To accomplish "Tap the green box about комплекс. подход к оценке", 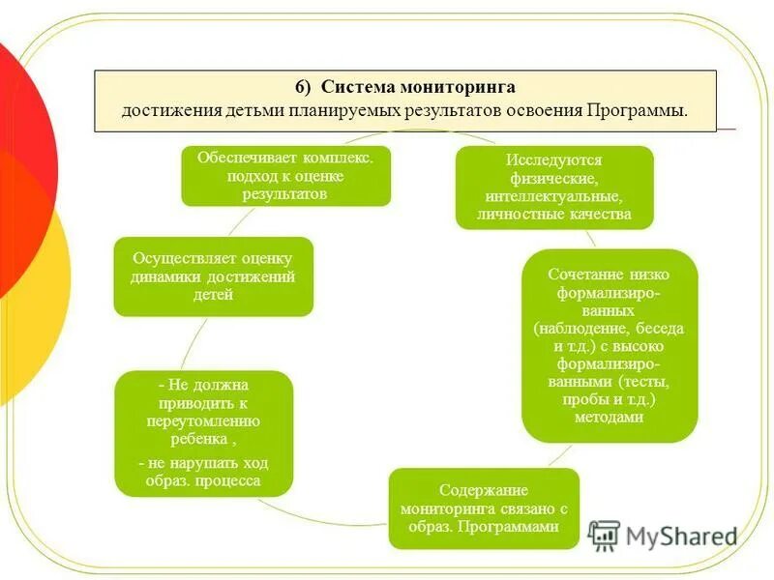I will coord(286,175).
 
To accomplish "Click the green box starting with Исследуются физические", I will coord(554,187).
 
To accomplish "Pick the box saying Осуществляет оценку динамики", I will coord(213,276).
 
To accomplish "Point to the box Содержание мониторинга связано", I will coord(484,508).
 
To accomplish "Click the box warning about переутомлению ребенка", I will coord(203,433).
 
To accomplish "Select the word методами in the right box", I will coord(609,418).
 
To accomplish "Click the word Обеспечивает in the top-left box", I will coord(239,157).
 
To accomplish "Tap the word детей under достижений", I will coord(213,295).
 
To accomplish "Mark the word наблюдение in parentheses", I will coord(590,329).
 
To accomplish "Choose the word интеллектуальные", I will coord(554,196).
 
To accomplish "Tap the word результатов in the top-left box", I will coord(285,193).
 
